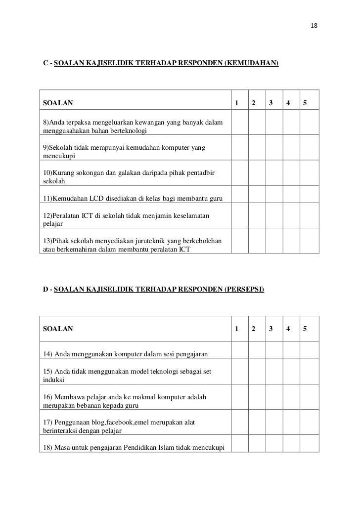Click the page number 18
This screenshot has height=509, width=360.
tap(314, 25)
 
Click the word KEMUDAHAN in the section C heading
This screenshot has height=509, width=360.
tap(252, 63)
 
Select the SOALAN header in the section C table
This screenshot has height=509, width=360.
tap(58, 103)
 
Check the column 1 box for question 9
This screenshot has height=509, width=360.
tap(239, 151)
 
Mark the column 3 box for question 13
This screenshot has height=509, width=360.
tap(273, 243)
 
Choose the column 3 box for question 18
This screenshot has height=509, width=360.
tap(273, 446)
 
